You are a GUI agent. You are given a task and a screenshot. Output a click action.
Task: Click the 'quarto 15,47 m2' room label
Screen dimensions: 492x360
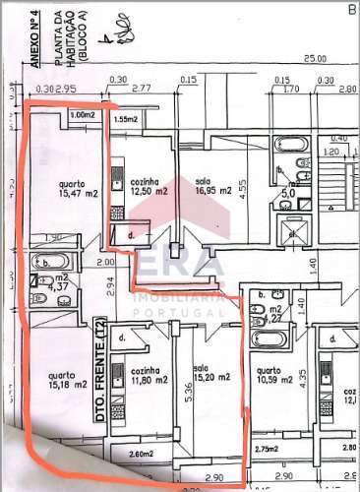pyautogui.click(x=70, y=190)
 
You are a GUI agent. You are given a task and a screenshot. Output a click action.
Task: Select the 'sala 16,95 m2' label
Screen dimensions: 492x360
pyautogui.click(x=210, y=186)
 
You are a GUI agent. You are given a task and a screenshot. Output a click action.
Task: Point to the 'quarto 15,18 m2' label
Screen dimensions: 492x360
pyautogui.click(x=66, y=379)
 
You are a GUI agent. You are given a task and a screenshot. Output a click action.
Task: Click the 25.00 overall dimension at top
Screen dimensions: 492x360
pyautogui.click(x=315, y=60)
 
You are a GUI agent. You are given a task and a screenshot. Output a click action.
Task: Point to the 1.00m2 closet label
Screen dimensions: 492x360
pyautogui.click(x=83, y=115)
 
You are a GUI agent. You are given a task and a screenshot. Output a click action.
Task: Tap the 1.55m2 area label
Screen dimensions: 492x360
pyautogui.click(x=126, y=119)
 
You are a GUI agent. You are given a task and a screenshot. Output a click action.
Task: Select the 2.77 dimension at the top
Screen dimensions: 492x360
pyautogui.click(x=129, y=90)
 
